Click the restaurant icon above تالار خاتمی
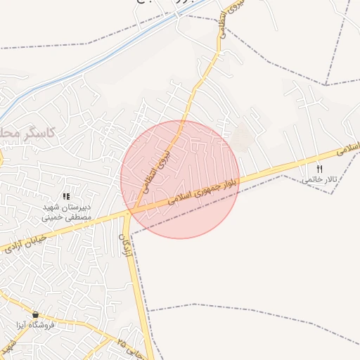(320, 169)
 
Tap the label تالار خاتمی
(320, 180)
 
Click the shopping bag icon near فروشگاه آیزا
(35, 314)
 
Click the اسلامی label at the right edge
(349, 148)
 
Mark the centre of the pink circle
(180, 179)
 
